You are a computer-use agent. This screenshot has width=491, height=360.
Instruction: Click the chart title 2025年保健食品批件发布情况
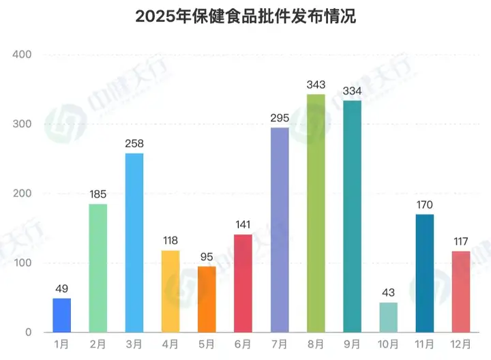click(245, 17)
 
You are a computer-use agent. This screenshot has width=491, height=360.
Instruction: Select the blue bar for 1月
click(61, 316)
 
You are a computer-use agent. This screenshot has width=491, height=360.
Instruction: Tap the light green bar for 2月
click(98, 268)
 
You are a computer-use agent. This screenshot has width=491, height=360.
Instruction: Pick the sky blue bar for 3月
click(134, 243)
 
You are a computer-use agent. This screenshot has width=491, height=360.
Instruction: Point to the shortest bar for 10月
click(388, 318)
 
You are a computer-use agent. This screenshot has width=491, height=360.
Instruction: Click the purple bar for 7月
click(280, 230)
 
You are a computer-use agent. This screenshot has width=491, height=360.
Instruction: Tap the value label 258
click(134, 144)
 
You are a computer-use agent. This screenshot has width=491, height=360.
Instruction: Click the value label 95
click(207, 257)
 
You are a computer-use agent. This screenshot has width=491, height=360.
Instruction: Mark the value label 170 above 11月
click(424, 205)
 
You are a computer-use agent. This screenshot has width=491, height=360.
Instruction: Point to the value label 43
click(388, 293)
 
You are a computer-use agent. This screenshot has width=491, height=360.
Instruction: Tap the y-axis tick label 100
click(25, 263)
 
